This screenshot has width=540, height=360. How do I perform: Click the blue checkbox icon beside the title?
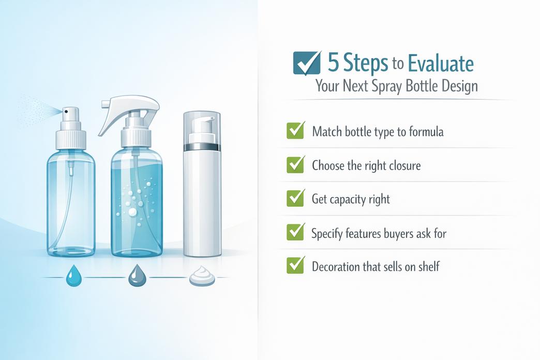[x=306, y=63]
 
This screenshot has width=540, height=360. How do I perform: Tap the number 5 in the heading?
[x=334, y=63]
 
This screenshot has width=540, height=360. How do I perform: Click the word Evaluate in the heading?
[x=440, y=64]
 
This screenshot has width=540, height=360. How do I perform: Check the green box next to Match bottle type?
[x=295, y=130]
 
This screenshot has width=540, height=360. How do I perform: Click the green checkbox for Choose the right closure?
[x=295, y=164]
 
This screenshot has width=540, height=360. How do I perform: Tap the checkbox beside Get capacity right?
[x=295, y=198]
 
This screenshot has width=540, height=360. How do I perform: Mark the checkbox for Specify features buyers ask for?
[x=295, y=232]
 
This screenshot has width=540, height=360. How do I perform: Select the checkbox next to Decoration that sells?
[x=295, y=266]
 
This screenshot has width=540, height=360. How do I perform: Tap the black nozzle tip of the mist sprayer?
[x=66, y=110]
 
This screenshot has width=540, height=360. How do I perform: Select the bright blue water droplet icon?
[x=71, y=276]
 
